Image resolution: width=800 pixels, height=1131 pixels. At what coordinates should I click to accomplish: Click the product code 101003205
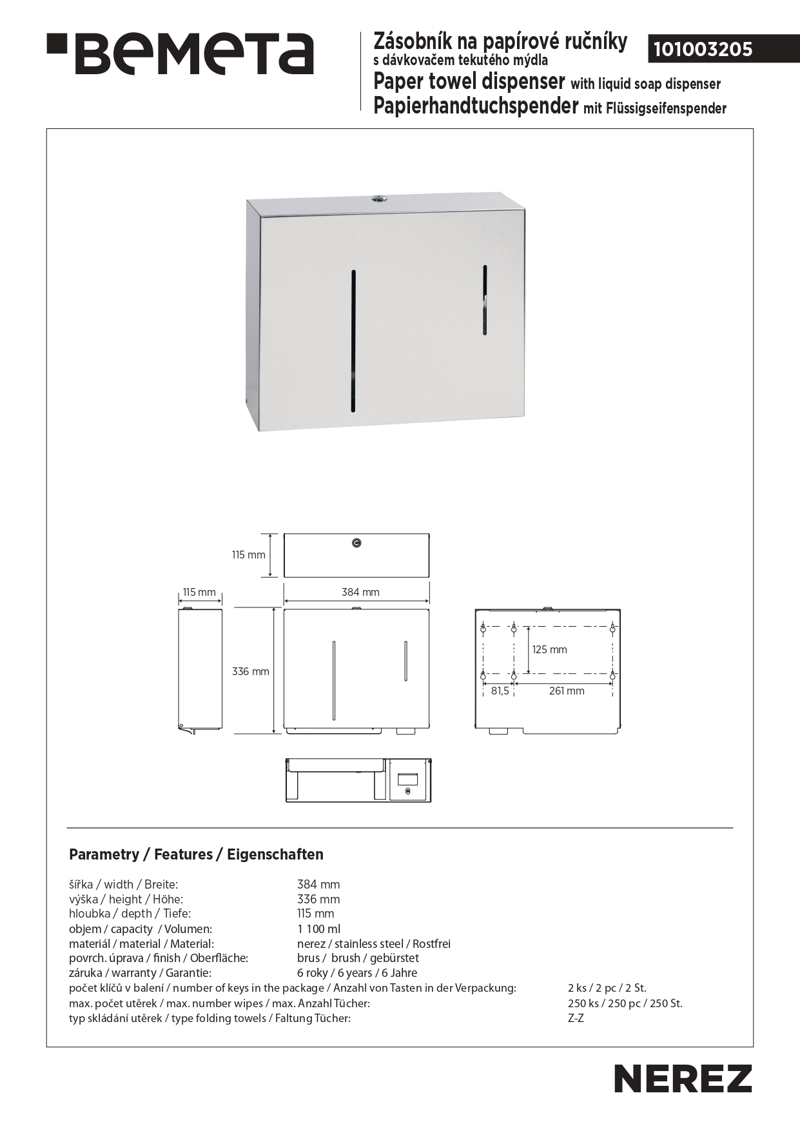tap(703, 50)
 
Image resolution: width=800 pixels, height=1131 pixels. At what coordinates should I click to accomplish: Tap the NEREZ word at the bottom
tap(683, 1078)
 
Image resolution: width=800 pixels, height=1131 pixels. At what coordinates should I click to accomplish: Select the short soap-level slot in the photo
tap(485, 300)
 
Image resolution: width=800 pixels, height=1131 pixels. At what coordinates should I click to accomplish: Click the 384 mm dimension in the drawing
tap(360, 592)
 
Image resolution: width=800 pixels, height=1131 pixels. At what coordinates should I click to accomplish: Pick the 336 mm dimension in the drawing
tap(251, 671)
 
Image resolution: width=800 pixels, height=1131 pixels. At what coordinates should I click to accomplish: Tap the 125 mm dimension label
tap(549, 649)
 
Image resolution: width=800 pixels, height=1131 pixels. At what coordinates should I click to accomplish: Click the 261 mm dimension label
tap(567, 691)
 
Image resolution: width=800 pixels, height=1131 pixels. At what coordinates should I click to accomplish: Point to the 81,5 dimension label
tap(500, 691)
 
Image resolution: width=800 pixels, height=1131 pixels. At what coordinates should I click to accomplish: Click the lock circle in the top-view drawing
tap(357, 544)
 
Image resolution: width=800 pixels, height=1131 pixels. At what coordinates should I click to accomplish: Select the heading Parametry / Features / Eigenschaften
tap(196, 854)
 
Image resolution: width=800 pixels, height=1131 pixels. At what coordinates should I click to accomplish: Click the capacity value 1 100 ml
tap(318, 929)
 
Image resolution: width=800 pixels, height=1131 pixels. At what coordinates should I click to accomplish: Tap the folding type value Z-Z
tap(576, 1018)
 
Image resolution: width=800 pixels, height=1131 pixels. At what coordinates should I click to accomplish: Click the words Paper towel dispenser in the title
tap(469, 83)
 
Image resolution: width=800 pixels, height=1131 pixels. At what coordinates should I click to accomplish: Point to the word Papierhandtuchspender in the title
tap(476, 106)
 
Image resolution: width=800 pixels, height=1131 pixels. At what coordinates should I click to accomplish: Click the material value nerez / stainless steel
tap(374, 943)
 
